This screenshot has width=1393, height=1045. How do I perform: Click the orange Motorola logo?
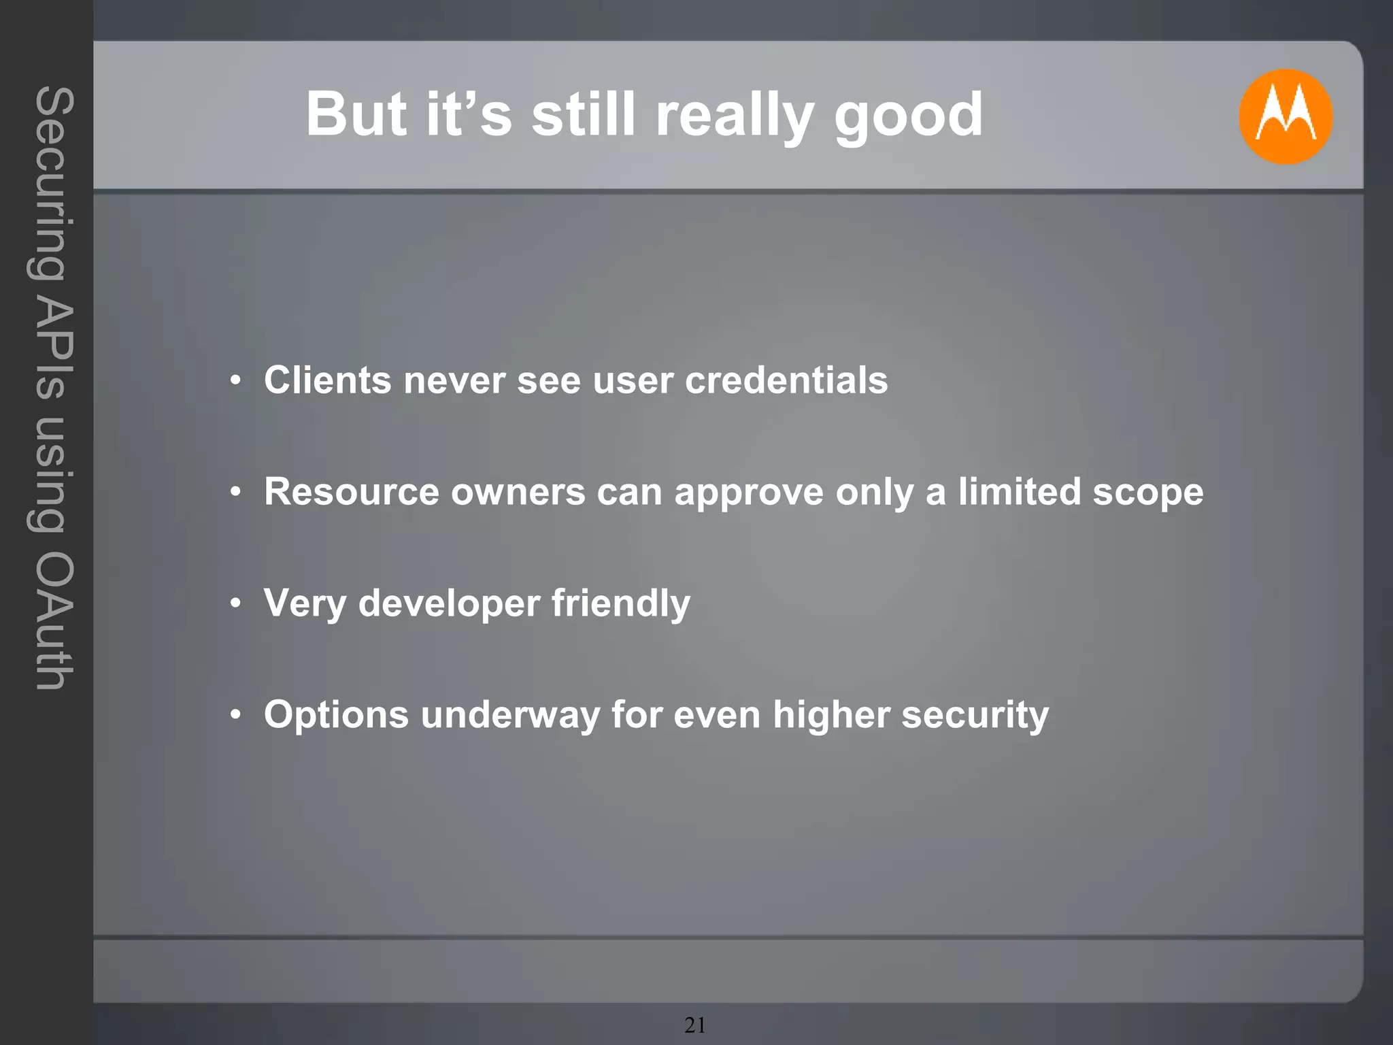[1285, 116]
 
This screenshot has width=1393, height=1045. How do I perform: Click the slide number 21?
[695, 1025]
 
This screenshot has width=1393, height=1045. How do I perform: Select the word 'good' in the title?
[909, 116]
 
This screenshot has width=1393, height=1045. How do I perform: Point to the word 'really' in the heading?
[735, 116]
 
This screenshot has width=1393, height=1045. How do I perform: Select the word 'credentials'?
[786, 380]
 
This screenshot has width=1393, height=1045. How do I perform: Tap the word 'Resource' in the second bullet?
[352, 491]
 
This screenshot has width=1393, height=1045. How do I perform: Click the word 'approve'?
[749, 493]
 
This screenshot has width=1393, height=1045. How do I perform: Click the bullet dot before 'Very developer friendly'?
[235, 603]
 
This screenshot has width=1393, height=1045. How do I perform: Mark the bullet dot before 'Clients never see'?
[235, 380]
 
